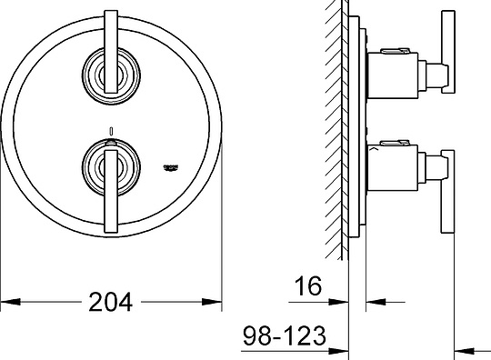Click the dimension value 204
pos(111,301)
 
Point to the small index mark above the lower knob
pos(110,129)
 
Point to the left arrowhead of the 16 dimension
pos(343,301)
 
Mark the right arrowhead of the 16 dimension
pos(372,301)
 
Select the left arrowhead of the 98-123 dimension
pos(343,350)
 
